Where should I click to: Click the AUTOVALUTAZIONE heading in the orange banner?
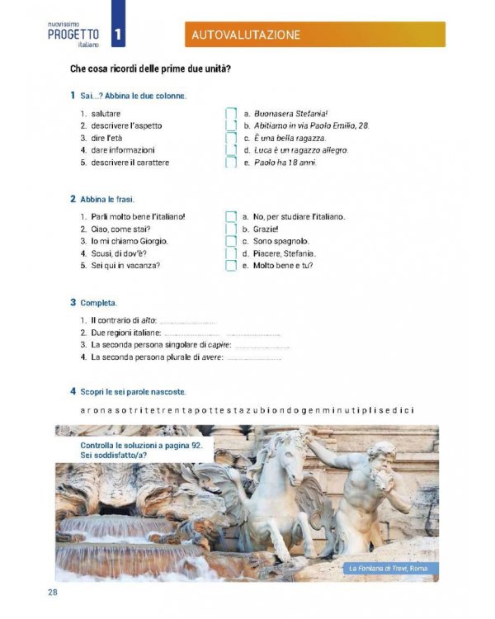pos(245,35)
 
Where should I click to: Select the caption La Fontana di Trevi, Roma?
pos(389,568)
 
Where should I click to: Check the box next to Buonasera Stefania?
pos(231,113)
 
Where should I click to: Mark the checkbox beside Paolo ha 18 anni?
pos(231,163)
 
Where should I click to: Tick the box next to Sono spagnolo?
pos(231,241)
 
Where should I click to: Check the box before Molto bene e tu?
pos(231,266)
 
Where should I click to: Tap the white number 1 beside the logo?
pos(119,34)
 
